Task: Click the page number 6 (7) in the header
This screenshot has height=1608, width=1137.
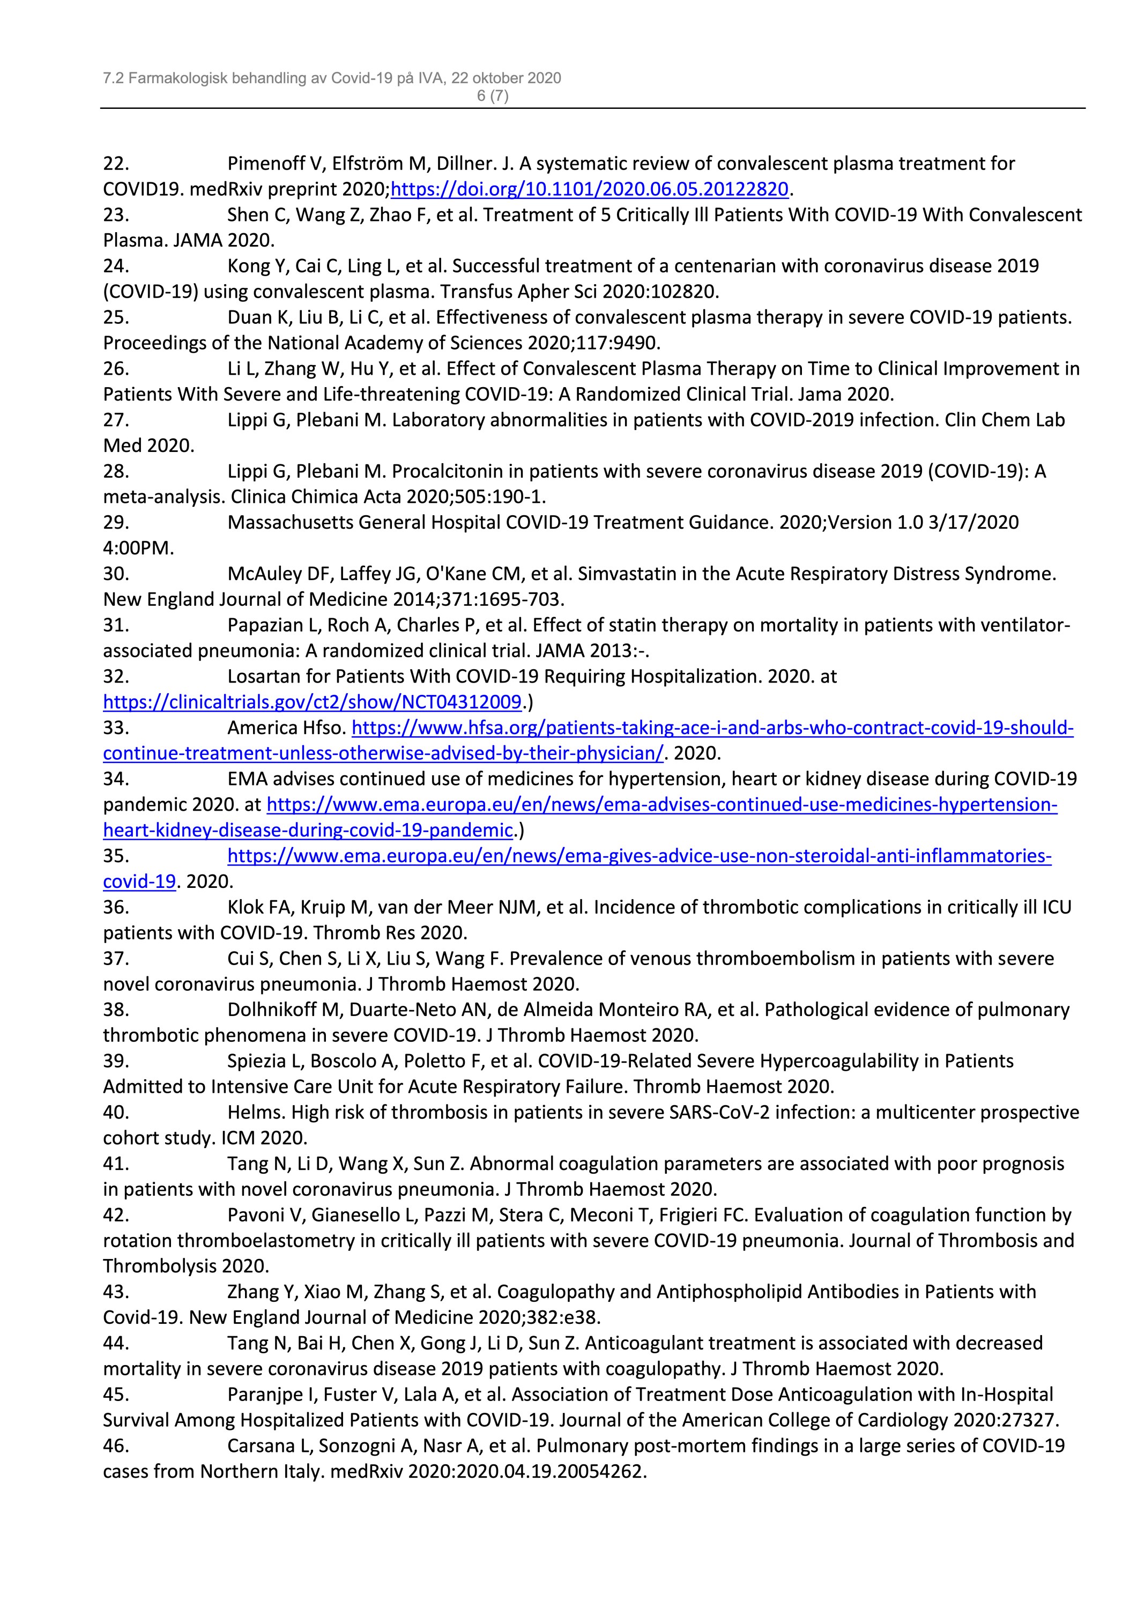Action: (492, 96)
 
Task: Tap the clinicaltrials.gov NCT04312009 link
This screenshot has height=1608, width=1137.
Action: (312, 702)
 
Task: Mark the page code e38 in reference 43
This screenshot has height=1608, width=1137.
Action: (585, 1317)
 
